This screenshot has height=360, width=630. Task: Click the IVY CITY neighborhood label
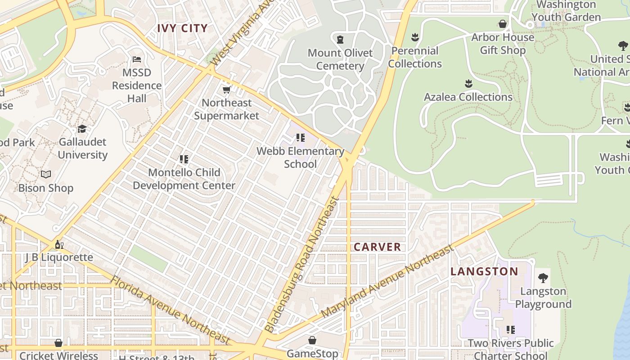[182, 28]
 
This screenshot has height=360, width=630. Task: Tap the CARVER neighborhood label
[377, 247]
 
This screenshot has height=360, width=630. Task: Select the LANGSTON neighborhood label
[484, 271]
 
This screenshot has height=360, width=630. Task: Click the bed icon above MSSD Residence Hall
[137, 59]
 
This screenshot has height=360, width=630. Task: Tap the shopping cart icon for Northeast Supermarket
[227, 90]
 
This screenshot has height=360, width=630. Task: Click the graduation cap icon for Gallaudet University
[82, 129]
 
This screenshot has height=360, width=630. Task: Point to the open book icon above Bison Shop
[46, 174]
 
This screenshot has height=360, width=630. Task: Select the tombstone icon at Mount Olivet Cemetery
[340, 40]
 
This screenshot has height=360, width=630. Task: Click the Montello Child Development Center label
[184, 179]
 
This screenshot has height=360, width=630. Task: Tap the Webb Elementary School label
[300, 157]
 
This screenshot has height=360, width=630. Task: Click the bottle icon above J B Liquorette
[59, 244]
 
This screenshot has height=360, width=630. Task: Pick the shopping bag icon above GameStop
[312, 340]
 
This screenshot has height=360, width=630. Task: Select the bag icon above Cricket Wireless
[58, 343]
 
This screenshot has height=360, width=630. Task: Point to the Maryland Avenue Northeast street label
[387, 281]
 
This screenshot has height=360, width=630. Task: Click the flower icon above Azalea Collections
[468, 84]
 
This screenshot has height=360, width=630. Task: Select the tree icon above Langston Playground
[543, 278]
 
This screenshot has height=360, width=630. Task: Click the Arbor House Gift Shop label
[503, 44]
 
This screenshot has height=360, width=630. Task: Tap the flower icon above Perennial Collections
[415, 37]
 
